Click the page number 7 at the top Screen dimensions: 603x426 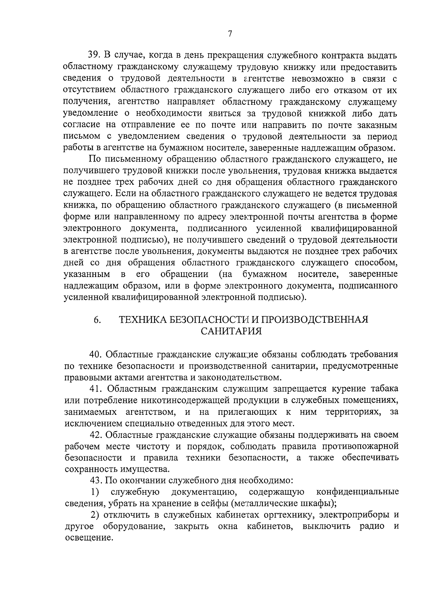coord(230,34)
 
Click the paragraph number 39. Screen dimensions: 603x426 coord(95,55)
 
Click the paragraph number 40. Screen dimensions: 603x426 coord(95,354)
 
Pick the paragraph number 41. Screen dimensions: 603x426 coord(95,389)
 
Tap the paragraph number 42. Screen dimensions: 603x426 coord(95,435)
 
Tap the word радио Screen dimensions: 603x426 coord(372,526)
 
